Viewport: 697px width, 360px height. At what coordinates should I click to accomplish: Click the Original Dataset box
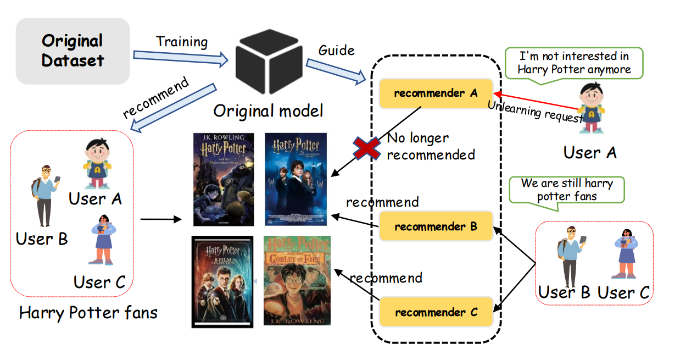coord(73,51)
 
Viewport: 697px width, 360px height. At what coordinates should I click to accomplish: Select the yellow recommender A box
coord(436,92)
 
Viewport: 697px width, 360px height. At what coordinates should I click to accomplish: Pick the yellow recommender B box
coord(436,226)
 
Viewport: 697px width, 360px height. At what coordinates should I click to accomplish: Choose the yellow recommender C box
coord(436,312)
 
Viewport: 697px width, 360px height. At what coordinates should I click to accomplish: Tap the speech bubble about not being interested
coord(574,63)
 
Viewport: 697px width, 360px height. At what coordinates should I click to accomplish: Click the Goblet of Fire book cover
coord(297,280)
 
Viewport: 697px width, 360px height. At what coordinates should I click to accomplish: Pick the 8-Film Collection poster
coord(222,281)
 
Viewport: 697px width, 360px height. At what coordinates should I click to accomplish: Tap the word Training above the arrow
coord(182,42)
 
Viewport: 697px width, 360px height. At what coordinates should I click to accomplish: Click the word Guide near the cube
coord(336,50)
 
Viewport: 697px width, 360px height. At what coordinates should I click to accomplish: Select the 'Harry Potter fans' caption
coord(88,313)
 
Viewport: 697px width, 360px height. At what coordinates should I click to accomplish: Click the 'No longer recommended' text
coord(431,146)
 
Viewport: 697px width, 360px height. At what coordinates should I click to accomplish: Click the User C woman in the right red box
coord(624,254)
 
